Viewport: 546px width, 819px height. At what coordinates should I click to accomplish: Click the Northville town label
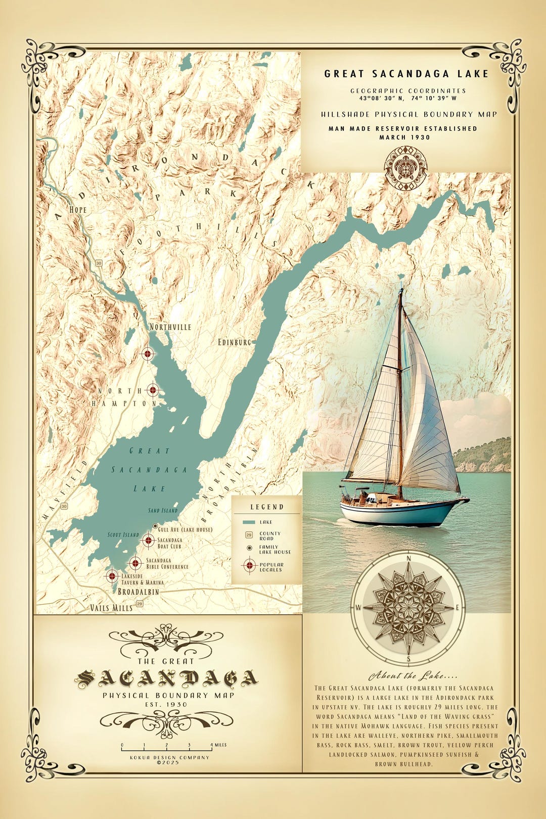(170, 327)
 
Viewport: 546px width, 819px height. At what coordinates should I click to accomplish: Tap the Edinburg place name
(234, 342)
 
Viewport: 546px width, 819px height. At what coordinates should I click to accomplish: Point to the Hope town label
(78, 210)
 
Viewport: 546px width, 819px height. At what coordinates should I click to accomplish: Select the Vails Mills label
(111, 608)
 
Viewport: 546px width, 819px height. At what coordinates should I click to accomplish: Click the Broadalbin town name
(138, 591)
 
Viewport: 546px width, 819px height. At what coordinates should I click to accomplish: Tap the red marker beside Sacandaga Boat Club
(148, 540)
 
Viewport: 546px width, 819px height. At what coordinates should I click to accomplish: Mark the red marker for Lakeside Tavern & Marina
(112, 575)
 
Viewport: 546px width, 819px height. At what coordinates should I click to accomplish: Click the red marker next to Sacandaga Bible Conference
(135, 563)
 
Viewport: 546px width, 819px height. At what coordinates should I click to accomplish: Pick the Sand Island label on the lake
(163, 511)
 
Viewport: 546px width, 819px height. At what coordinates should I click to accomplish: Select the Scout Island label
(123, 534)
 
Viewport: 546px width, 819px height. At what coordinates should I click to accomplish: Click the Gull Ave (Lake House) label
(185, 529)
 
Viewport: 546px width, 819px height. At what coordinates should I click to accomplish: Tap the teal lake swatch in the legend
(249, 522)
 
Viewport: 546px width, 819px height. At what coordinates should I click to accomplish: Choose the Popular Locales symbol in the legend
(249, 566)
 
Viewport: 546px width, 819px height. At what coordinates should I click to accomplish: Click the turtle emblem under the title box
(405, 168)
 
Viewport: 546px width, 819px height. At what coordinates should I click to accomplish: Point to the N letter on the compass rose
(408, 558)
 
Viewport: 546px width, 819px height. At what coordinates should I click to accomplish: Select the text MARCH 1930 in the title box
(404, 137)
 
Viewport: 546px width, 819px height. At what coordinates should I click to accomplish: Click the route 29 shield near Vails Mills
(140, 604)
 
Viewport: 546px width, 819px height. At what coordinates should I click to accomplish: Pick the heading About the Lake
(406, 676)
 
